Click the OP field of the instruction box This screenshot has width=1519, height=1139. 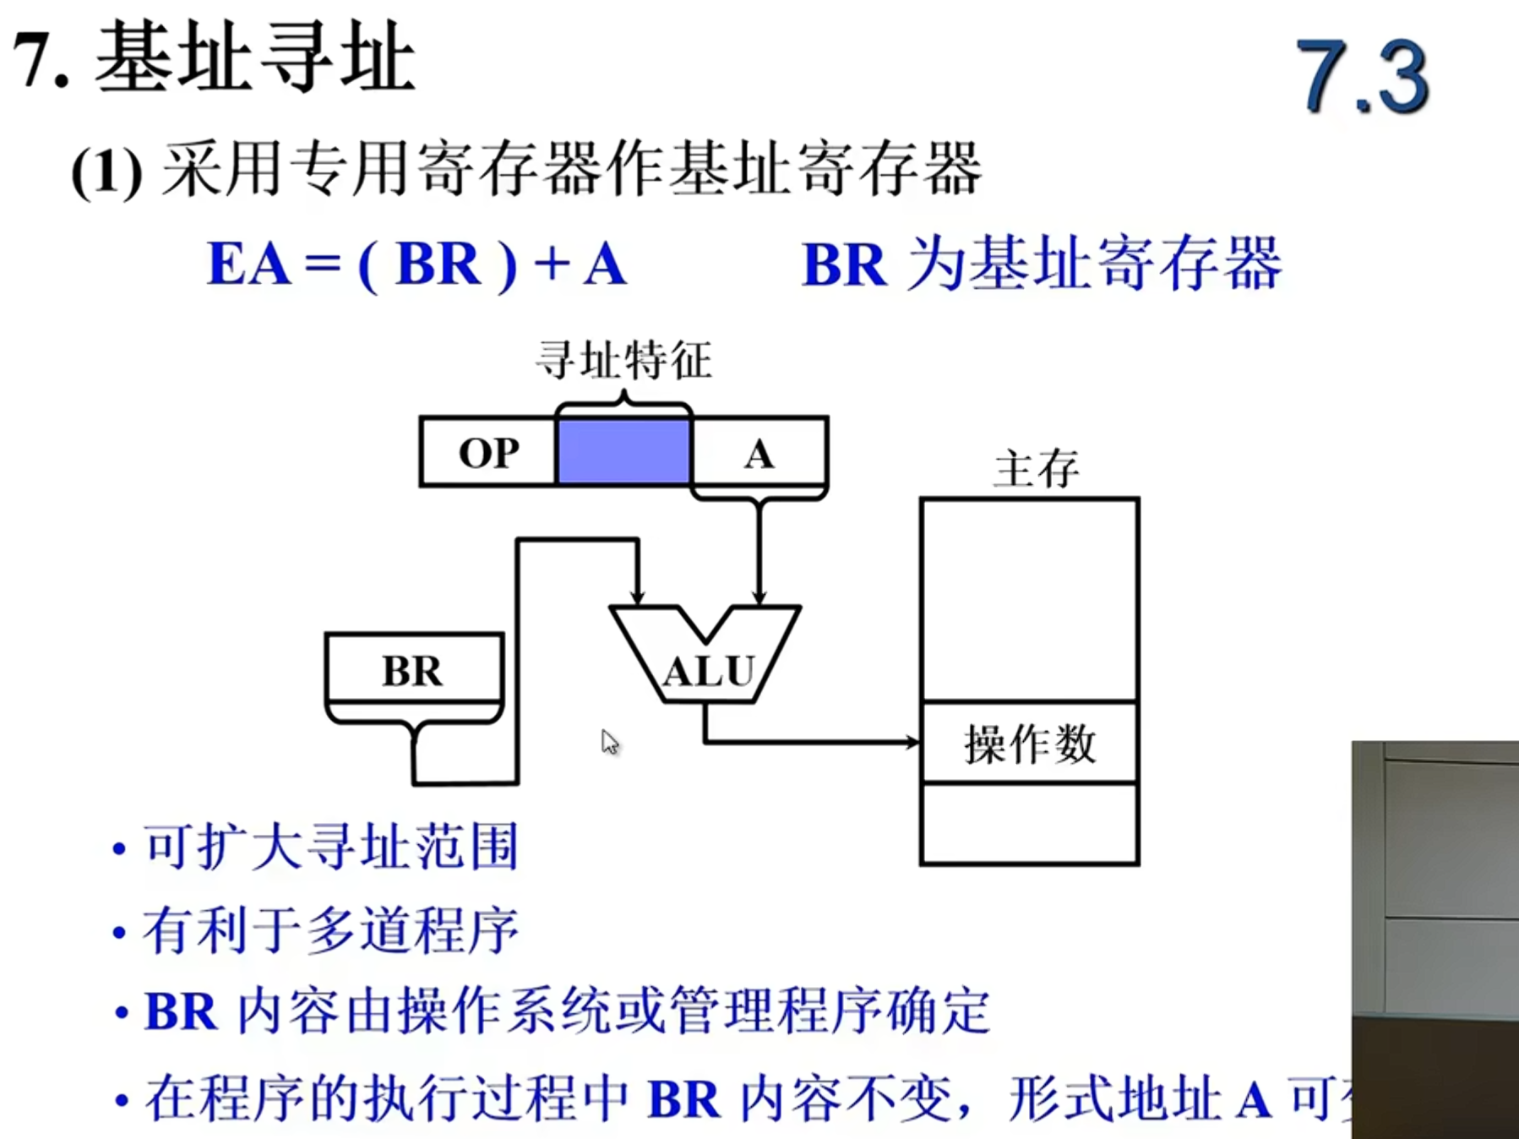click(488, 452)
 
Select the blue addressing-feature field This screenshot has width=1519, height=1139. click(623, 452)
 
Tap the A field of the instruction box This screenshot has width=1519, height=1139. click(759, 454)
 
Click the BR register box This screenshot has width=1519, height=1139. click(414, 669)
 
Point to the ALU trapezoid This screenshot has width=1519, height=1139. click(706, 668)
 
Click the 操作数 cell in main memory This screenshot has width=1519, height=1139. click(1029, 743)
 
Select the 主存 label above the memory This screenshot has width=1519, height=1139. click(1036, 468)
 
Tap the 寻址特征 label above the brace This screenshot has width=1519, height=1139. click(623, 360)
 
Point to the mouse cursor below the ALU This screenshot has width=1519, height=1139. click(609, 742)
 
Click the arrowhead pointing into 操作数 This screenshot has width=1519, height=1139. click(912, 742)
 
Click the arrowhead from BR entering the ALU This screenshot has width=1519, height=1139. click(637, 597)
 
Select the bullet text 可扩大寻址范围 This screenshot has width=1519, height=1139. click(329, 846)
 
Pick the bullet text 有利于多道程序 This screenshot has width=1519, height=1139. click(329, 930)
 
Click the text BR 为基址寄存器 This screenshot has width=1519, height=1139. click(1041, 264)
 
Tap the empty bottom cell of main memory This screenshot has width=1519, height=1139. click(1029, 823)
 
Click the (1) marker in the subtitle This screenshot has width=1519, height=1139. click(106, 172)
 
